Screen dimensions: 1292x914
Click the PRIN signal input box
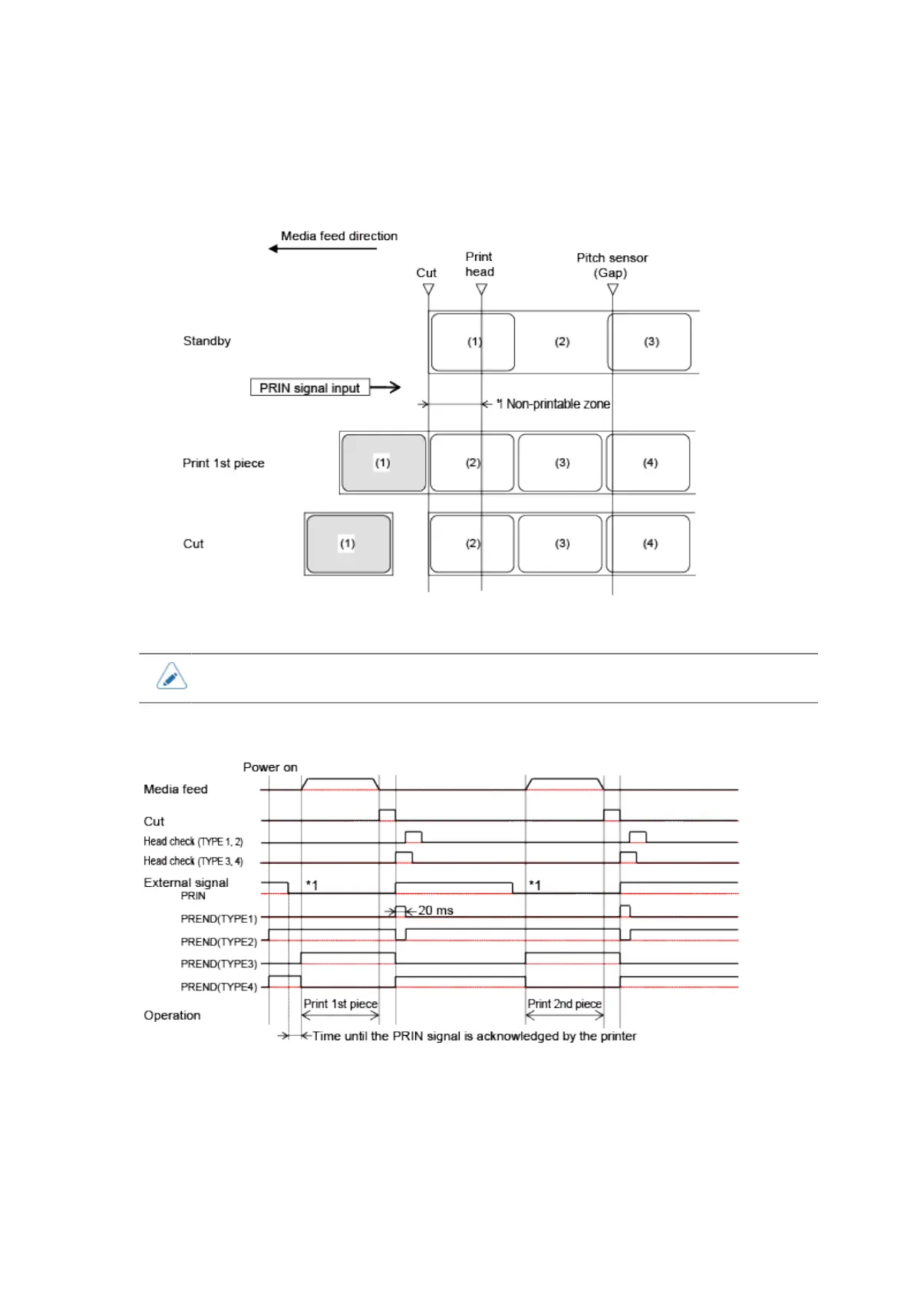pyautogui.click(x=309, y=387)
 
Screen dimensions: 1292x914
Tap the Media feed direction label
pyautogui.click(x=338, y=236)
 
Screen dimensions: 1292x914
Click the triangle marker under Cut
pyautogui.click(x=428, y=289)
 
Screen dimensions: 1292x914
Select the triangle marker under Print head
pyautogui.click(x=481, y=289)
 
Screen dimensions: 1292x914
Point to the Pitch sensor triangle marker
pyautogui.click(x=612, y=289)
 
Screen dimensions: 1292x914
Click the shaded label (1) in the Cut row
pyautogui.click(x=348, y=544)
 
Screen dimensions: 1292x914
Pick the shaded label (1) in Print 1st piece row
pyautogui.click(x=383, y=463)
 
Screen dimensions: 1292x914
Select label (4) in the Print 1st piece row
pyautogui.click(x=649, y=463)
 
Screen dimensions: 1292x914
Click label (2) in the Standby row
pyautogui.click(x=562, y=342)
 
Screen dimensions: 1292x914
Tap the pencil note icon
pyautogui.click(x=171, y=677)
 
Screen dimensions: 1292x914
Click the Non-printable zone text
pyautogui.click(x=557, y=404)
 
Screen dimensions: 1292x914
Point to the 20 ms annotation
pyautogui.click(x=435, y=911)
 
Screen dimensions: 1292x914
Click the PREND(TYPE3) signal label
pyautogui.click(x=219, y=964)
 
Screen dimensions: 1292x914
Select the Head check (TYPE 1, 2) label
pyautogui.click(x=193, y=842)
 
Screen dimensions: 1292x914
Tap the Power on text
pyautogui.click(x=270, y=767)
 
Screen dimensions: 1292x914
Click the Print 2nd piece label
pyautogui.click(x=564, y=1004)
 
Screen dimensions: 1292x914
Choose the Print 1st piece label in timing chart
pyautogui.click(x=340, y=1004)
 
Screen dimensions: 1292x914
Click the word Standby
pyautogui.click(x=206, y=341)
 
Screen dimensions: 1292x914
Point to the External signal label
pyautogui.click(x=186, y=883)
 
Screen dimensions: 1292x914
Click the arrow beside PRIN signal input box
pyautogui.click(x=386, y=387)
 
